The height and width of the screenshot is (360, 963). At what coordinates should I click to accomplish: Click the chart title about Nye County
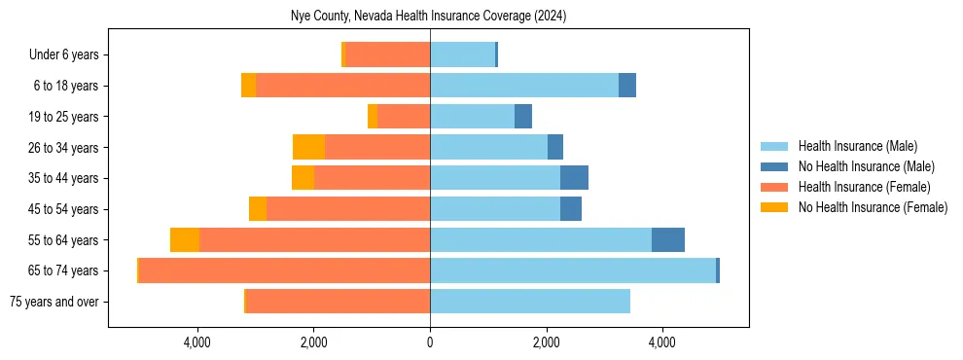(x=428, y=17)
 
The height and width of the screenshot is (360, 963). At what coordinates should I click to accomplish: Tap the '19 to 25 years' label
(x=65, y=117)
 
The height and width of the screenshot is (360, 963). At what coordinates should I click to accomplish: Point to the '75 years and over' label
(x=54, y=302)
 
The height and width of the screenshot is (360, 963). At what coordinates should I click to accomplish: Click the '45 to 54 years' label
(x=65, y=209)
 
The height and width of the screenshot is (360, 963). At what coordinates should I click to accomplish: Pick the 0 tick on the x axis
(x=430, y=342)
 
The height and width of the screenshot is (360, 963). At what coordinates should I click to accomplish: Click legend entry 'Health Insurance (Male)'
(x=857, y=146)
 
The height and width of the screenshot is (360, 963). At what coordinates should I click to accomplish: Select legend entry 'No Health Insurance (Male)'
(x=866, y=166)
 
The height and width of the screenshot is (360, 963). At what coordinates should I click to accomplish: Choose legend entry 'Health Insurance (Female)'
(x=864, y=187)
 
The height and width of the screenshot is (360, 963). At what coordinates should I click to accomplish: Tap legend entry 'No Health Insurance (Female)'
(x=873, y=207)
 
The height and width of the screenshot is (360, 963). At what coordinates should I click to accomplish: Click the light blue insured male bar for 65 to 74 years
(x=573, y=270)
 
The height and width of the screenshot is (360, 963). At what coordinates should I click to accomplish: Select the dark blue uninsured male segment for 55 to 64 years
(x=668, y=239)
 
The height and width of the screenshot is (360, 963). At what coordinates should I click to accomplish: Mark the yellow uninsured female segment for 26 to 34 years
(x=308, y=147)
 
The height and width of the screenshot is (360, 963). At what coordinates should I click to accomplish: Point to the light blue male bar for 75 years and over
(x=530, y=302)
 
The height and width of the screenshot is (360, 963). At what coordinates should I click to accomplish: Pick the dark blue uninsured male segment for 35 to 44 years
(x=574, y=178)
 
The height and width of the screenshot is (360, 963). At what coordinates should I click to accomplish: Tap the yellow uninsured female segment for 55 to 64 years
(x=185, y=239)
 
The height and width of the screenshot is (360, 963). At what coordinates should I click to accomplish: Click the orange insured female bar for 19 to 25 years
(x=404, y=117)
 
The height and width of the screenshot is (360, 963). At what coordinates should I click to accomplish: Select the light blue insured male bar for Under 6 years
(x=462, y=55)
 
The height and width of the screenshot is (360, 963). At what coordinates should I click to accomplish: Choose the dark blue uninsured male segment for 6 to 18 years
(x=627, y=86)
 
